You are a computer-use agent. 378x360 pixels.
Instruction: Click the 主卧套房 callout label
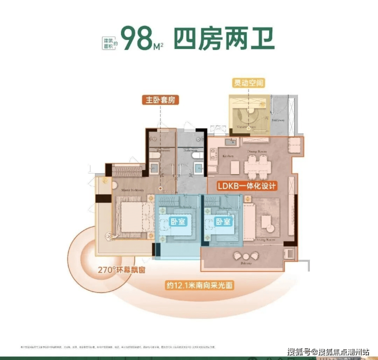point(159,100)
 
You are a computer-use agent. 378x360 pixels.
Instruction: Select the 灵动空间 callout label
point(249,83)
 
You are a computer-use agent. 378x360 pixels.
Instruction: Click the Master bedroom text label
point(133,189)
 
